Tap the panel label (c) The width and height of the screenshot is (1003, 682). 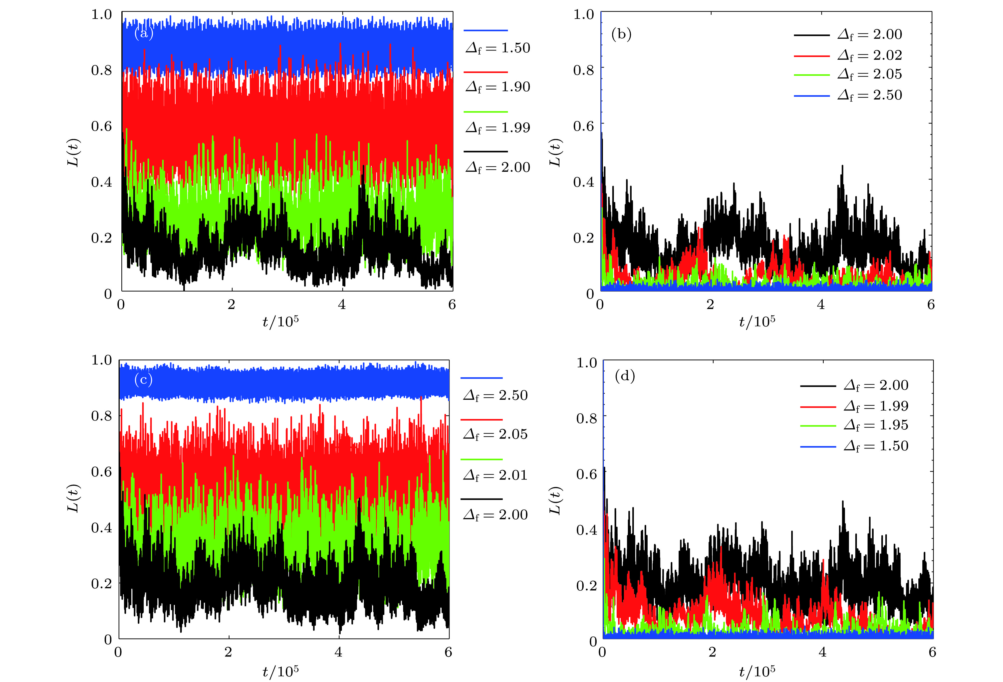(143, 380)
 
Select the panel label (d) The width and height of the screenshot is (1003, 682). (624, 376)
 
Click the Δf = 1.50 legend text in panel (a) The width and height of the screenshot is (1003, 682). (498, 48)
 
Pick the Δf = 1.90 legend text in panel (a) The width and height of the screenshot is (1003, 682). (498, 87)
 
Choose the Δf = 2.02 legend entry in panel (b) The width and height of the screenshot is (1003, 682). (870, 55)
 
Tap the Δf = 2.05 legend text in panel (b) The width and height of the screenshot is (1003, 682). (870, 74)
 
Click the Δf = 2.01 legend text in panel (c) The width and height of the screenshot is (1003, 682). (495, 475)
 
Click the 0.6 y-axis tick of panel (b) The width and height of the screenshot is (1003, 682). (583, 126)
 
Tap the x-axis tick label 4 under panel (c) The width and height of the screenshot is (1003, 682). (338, 652)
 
